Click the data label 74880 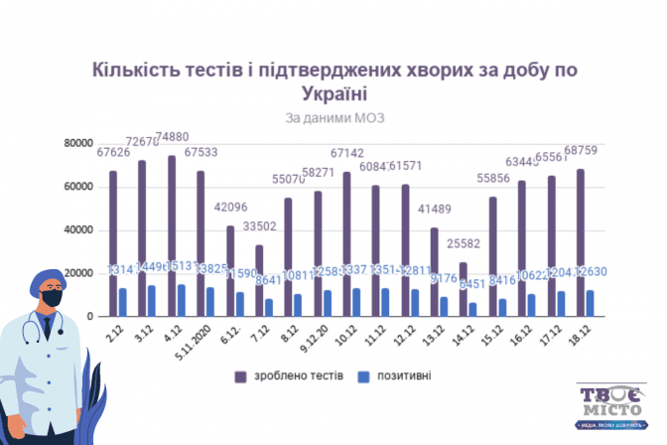coord(172,138)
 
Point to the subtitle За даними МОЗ coord(333,117)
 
